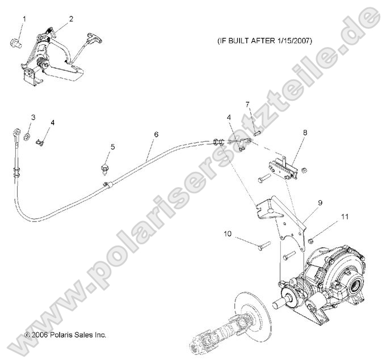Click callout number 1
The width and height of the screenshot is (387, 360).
pyautogui.click(x=24, y=19)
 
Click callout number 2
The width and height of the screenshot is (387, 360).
pyautogui.click(x=71, y=19)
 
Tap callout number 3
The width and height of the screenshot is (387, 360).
pyautogui.click(x=33, y=117)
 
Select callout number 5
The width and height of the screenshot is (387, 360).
pyautogui.click(x=112, y=147)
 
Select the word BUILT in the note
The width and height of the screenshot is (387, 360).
pyautogui.click(x=241, y=40)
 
